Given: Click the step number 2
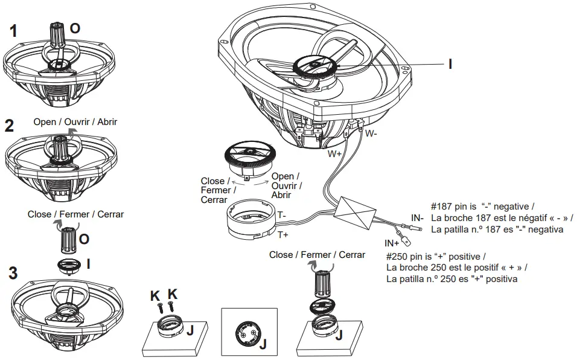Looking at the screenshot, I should (9, 126).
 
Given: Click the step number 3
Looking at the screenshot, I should (13, 273).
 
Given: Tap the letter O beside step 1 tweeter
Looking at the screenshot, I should (75, 28).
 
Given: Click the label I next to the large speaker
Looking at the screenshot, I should (450, 63).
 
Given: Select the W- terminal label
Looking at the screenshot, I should (372, 133).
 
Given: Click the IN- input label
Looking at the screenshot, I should (418, 217).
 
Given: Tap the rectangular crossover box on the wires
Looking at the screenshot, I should (357, 212).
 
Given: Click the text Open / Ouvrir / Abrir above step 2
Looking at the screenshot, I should (75, 121).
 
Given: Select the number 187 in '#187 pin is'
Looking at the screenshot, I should (447, 205).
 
